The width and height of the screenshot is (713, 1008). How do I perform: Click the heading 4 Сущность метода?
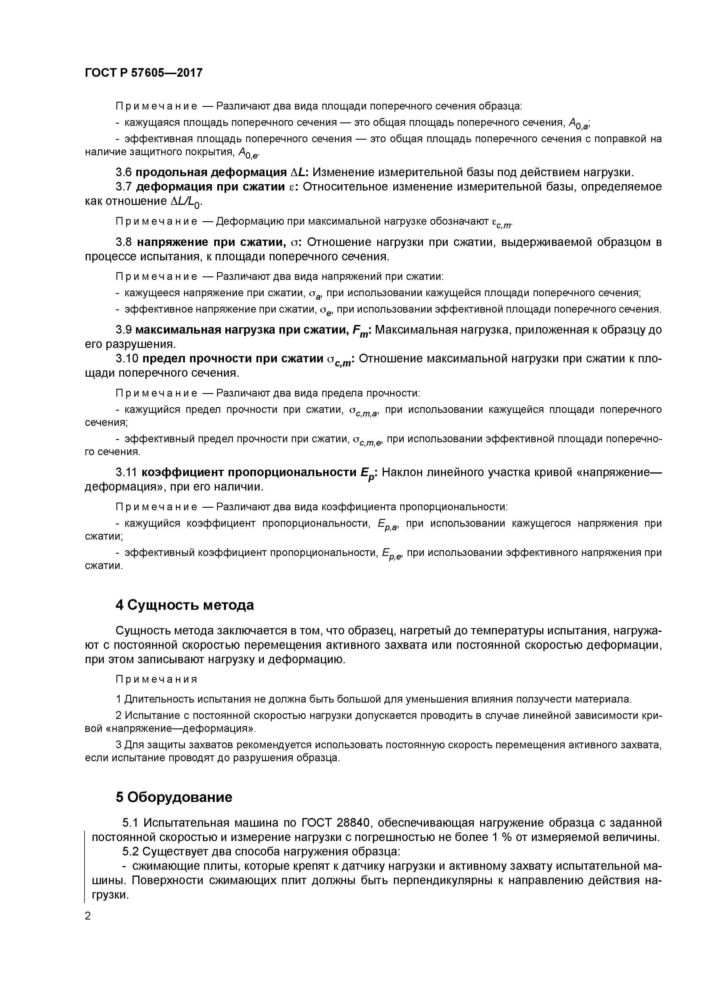(x=185, y=605)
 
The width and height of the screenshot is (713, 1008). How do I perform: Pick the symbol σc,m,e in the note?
(x=368, y=440)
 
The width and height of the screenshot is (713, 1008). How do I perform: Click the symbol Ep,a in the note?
(x=388, y=525)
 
